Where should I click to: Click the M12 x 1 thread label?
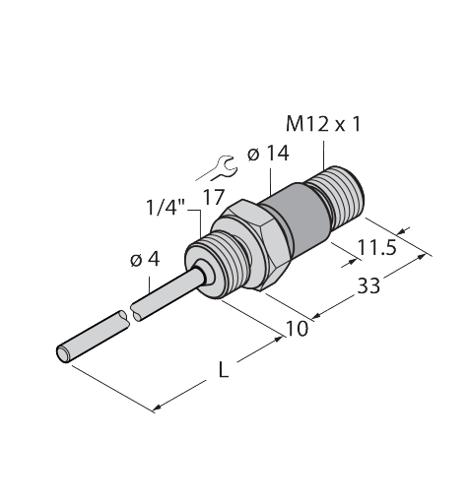tap(323, 124)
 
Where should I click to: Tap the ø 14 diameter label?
tap(268, 154)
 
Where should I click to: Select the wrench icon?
tap(217, 168)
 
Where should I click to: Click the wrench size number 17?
tap(214, 197)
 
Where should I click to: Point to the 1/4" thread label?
tap(166, 208)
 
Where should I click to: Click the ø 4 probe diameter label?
tap(145, 260)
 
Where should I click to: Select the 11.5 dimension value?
tap(376, 247)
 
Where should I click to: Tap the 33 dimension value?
tap(368, 285)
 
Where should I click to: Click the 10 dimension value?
tap(298, 329)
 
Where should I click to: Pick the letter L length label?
tap(224, 371)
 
